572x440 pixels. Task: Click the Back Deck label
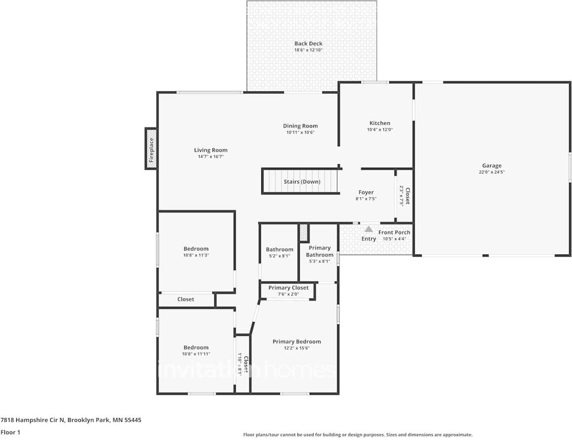click(x=308, y=43)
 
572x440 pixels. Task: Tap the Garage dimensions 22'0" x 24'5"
click(x=492, y=172)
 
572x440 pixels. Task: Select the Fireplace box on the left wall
click(x=151, y=148)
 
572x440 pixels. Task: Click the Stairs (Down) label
click(x=302, y=182)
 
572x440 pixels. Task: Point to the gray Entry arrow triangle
click(x=368, y=229)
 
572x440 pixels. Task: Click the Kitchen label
click(x=380, y=123)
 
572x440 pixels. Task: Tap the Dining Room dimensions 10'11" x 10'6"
click(x=300, y=132)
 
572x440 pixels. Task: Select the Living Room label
click(x=211, y=150)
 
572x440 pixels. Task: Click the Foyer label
click(x=366, y=192)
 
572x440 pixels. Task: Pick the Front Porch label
click(x=394, y=232)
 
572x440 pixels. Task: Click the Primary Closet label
click(x=288, y=288)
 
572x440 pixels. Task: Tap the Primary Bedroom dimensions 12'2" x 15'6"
click(x=296, y=348)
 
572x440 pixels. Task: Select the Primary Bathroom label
click(x=320, y=251)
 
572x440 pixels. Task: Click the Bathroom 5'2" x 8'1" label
click(x=279, y=250)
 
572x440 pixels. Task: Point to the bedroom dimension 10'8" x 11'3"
click(x=196, y=255)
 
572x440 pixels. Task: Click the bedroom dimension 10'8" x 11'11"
click(x=196, y=354)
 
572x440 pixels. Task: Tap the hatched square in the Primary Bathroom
click(x=303, y=233)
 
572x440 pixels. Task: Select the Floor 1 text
click(x=10, y=432)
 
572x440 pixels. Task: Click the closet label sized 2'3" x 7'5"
click(x=404, y=195)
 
